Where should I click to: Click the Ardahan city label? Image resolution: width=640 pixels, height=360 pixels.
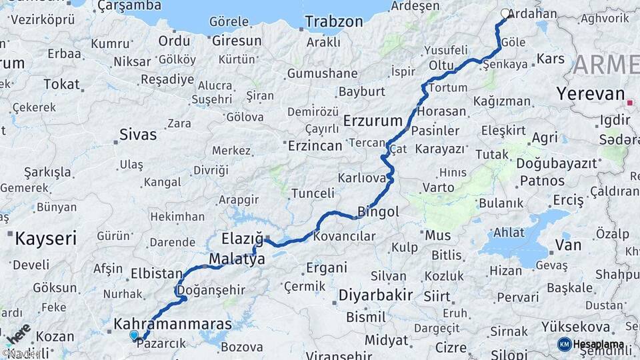click(x=533, y=13)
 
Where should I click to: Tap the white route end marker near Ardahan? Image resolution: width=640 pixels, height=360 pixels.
click(x=505, y=13)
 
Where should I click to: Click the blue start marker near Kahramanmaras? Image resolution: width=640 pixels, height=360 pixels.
click(x=134, y=335)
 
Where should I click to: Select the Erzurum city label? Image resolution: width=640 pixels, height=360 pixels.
click(x=373, y=121)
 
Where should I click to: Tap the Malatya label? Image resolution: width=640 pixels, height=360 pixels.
click(x=237, y=258)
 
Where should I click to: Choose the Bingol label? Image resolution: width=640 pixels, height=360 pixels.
click(x=378, y=213)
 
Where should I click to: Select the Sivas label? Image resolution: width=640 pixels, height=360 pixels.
click(x=138, y=135)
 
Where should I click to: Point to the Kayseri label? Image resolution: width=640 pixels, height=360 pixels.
click(x=46, y=238)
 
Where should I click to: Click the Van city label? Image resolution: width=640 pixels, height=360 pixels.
click(x=568, y=245)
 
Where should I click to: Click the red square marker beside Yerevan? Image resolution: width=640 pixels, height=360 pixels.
click(x=631, y=103)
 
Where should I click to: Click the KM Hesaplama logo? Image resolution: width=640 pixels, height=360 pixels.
click(x=591, y=344)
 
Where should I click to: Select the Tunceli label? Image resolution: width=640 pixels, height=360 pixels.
click(x=313, y=193)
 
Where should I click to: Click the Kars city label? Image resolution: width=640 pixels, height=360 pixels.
click(x=550, y=59)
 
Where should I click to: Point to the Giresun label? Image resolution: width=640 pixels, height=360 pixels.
click(x=237, y=41)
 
